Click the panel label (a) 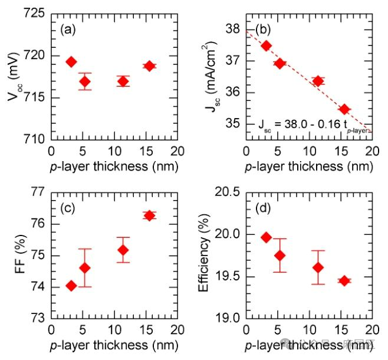pyautogui.click(x=68, y=29)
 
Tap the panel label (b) pyautogui.click(x=262, y=29)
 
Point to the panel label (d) pyautogui.click(x=262, y=208)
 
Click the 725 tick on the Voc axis pyautogui.click(x=34, y=13)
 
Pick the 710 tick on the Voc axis pyautogui.click(x=34, y=139)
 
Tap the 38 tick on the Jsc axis pyautogui.click(x=232, y=29)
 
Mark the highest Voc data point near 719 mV pyautogui.click(x=71, y=62)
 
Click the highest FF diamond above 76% pyautogui.click(x=150, y=215)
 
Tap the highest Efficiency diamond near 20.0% pyautogui.click(x=266, y=237)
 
